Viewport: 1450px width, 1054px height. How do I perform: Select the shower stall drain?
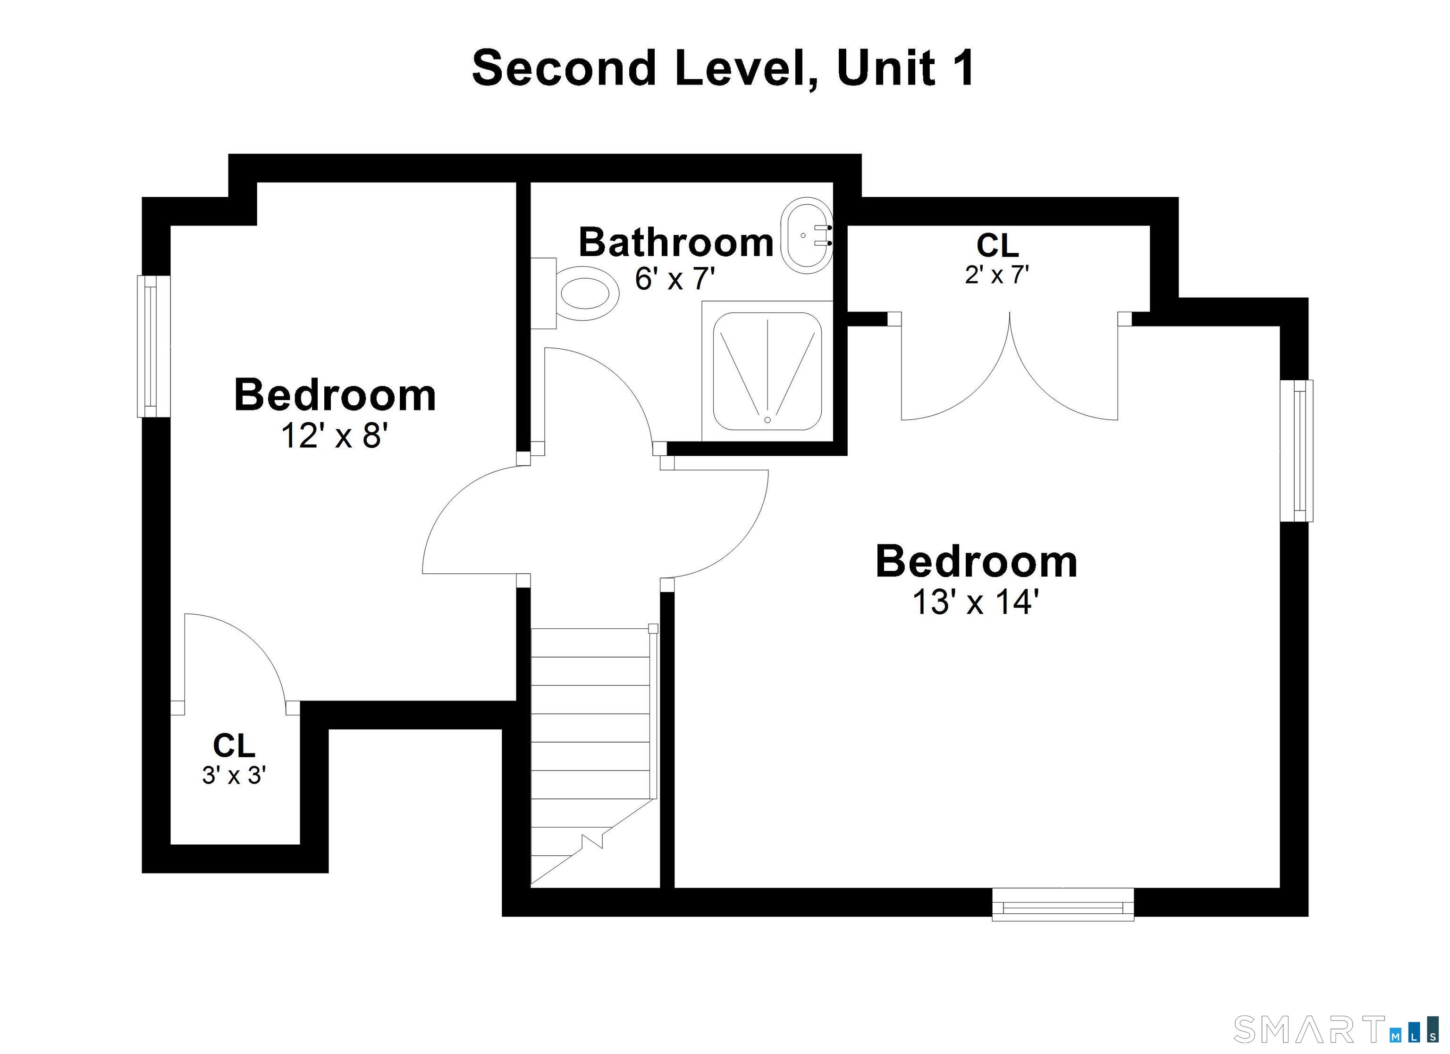[767, 420]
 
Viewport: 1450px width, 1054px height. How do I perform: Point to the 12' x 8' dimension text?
[334, 436]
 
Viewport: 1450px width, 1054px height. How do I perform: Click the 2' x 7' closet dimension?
[997, 275]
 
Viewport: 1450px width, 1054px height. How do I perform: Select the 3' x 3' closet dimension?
[234, 775]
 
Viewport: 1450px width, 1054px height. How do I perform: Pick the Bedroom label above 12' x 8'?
[335, 395]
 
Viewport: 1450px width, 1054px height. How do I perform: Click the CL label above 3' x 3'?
[234, 745]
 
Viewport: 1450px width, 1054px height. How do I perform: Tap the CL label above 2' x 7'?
[997, 245]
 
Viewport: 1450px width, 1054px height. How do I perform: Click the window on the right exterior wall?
[1297, 451]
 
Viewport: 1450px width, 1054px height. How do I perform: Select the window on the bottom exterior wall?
[1062, 904]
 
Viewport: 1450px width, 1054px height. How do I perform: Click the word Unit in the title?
[885, 68]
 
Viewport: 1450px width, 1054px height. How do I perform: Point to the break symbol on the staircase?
[591, 841]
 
